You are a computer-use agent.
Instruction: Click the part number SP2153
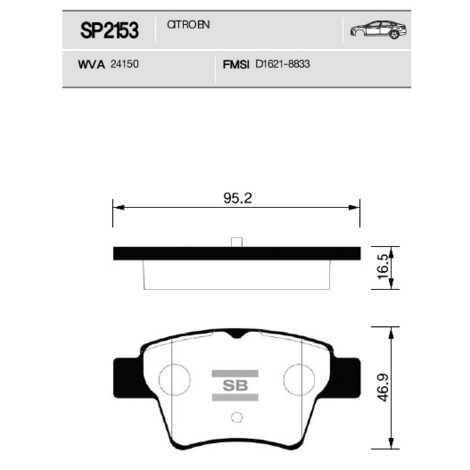click(x=109, y=30)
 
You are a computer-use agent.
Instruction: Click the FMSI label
click(x=236, y=66)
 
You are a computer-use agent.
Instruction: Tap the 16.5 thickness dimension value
click(x=383, y=267)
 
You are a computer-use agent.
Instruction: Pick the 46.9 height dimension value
click(x=383, y=387)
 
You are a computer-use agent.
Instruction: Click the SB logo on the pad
click(x=235, y=385)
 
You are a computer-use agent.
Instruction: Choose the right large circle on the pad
click(x=299, y=380)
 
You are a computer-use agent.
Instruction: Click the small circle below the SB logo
click(x=235, y=417)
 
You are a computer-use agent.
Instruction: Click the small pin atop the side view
click(x=236, y=242)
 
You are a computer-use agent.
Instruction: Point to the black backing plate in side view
click(x=236, y=254)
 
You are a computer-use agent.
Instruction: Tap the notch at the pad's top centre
click(x=236, y=334)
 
